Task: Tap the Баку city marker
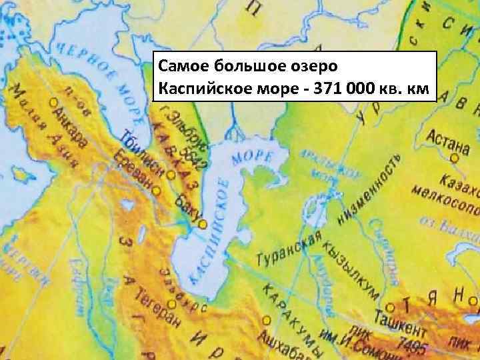coord(202,224)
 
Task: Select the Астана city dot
coord(454,158)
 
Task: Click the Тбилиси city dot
coord(171,175)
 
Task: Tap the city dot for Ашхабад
coord(266,319)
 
